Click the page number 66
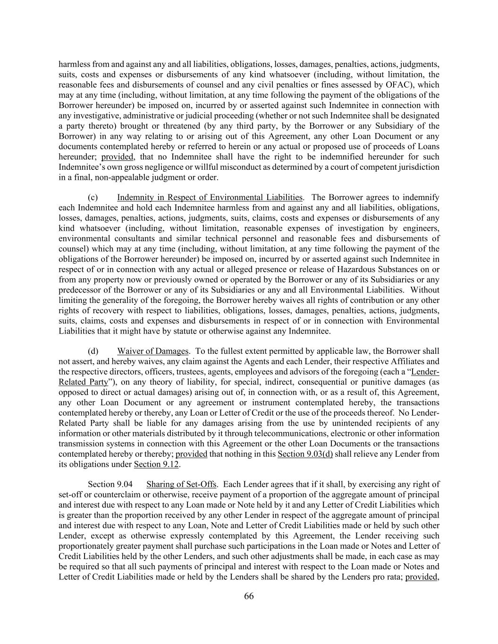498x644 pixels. [x=249, y=596]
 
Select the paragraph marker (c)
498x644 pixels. [x=93, y=197]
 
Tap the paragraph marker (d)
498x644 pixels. [x=93, y=351]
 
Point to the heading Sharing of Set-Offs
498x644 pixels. [x=181, y=484]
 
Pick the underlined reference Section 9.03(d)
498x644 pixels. [x=305, y=454]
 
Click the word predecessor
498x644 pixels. [x=78, y=290]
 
